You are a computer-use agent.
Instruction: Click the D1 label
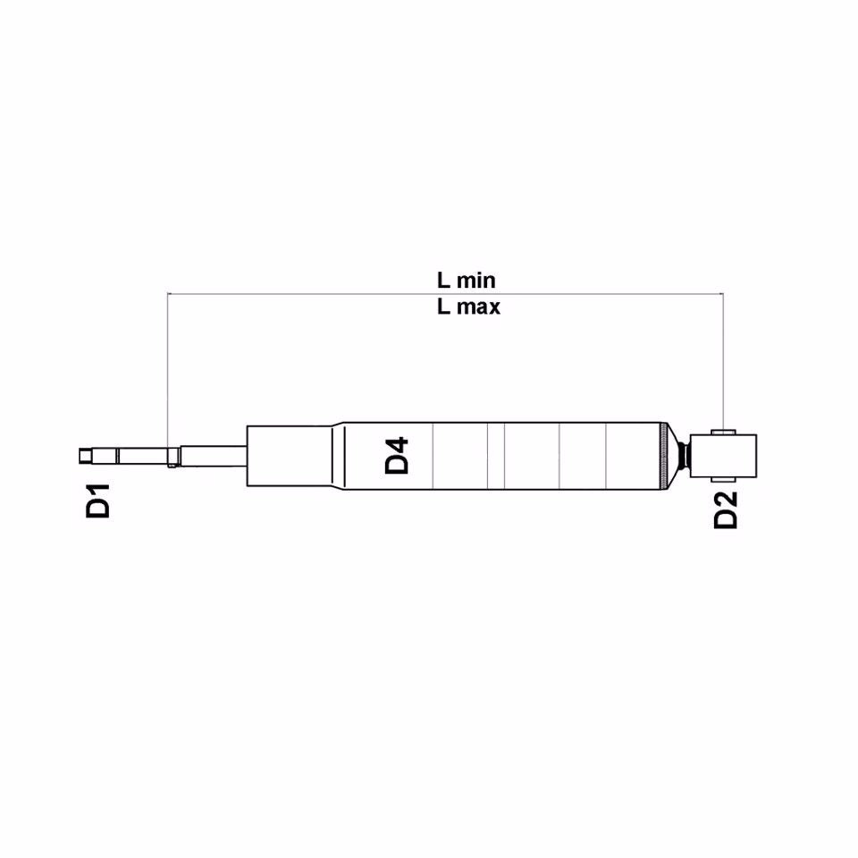(x=98, y=500)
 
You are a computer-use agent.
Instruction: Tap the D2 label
(x=727, y=509)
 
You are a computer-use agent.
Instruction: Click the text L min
(x=466, y=280)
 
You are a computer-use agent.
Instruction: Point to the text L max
(x=468, y=307)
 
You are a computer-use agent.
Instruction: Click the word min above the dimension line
(x=476, y=280)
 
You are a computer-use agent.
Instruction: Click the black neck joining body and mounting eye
(x=684, y=456)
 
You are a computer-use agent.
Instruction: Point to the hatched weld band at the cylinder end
(x=664, y=456)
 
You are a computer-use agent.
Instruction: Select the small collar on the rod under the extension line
(x=172, y=457)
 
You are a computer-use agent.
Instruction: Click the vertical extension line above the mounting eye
(x=723, y=357)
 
